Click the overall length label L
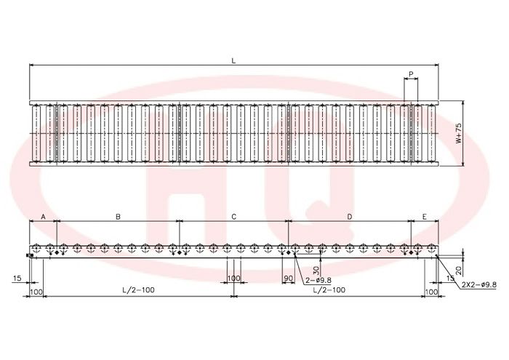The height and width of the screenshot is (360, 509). coord(233,60)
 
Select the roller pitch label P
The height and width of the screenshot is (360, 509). coord(411,74)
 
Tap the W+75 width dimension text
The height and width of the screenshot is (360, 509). coord(458,133)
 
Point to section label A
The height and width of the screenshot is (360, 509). coord(43,217)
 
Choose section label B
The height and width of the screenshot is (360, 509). coord(118,217)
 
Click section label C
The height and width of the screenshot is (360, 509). coord(233,217)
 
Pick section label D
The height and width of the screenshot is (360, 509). coord(350,217)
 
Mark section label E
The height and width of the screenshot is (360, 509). coord(425,217)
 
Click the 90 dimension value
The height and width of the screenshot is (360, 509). coord(288,279)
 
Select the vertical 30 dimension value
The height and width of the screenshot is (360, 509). coord(316,270)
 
